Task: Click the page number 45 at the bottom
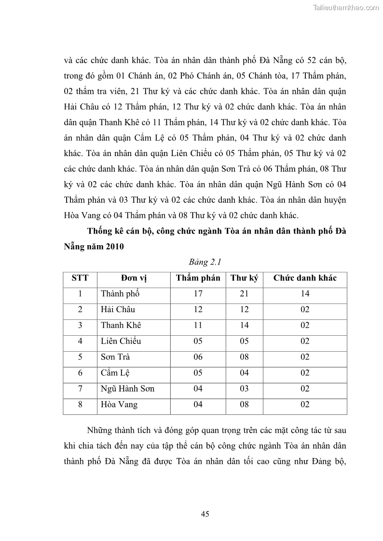[205, 514]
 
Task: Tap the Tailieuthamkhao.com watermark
[346, 7]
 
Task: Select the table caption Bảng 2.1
[205, 262]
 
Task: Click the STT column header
[80, 278]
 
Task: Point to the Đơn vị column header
[133, 278]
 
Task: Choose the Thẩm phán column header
[198, 278]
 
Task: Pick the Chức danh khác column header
[305, 278]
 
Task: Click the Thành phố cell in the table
[120, 294]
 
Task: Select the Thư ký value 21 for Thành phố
[244, 294]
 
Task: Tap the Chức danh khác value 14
[305, 294]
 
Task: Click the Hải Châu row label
[118, 310]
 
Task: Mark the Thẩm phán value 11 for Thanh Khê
[198, 325]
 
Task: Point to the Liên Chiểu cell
[121, 341]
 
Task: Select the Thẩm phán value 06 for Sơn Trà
[198, 357]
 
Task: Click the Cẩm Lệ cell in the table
[115, 373]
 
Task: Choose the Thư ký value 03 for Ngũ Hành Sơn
[244, 389]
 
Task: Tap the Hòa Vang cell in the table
[119, 405]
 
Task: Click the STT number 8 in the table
[80, 405]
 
